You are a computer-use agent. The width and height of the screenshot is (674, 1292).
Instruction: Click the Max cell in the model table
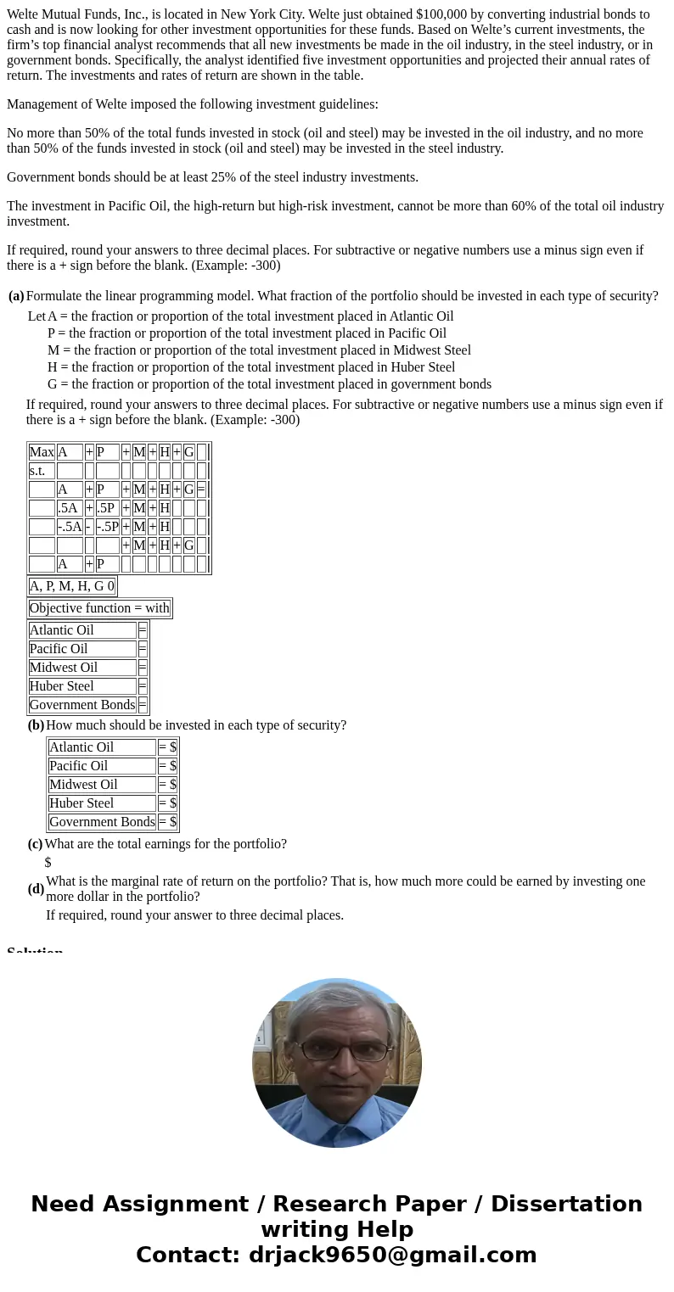42,452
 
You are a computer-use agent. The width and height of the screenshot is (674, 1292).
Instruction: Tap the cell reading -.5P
107,527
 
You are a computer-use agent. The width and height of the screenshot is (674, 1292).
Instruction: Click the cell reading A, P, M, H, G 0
72,586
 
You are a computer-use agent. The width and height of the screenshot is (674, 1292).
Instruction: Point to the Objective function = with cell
99,608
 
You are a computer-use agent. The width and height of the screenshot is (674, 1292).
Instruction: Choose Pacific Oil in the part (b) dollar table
79,766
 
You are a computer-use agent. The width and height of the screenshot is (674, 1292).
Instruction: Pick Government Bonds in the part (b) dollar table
102,822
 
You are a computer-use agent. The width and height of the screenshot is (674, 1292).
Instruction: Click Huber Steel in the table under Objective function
62,686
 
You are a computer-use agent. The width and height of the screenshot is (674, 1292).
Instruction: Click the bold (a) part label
16,296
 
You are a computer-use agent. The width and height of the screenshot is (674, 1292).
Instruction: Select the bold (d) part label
36,889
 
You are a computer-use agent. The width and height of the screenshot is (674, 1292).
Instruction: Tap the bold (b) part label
36,725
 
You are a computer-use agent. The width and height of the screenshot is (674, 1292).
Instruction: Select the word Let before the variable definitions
37,316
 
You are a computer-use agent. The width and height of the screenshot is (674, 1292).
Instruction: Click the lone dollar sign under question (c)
48,863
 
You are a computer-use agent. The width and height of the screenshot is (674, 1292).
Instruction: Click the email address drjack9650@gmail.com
393,1256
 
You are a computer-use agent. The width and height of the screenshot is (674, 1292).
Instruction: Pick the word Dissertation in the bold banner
566,1205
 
